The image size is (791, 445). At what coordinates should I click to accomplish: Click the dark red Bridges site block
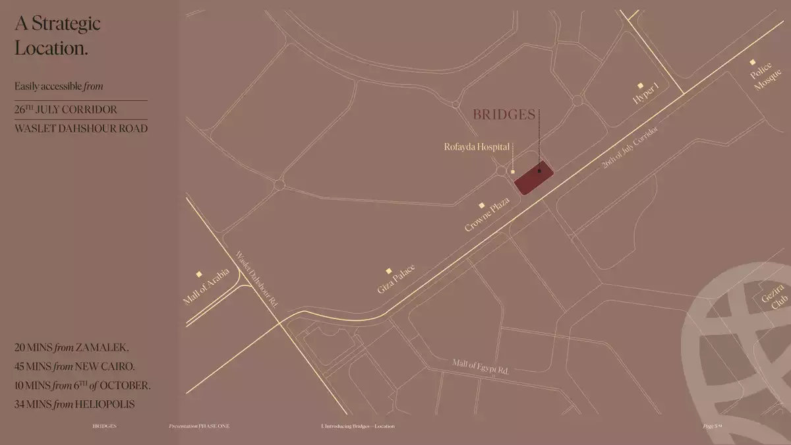click(533, 177)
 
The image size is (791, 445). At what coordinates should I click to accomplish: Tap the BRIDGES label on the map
click(504, 115)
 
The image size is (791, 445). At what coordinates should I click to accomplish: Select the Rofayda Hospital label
click(476, 146)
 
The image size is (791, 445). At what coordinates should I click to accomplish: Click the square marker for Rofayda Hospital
click(513, 171)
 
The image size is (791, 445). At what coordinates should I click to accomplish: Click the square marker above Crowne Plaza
click(482, 206)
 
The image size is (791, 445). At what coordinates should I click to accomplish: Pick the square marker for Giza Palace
click(389, 270)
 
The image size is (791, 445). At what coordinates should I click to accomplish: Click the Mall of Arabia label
click(206, 287)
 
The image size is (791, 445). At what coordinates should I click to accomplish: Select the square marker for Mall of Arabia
click(199, 274)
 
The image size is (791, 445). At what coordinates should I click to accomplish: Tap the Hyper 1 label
click(645, 94)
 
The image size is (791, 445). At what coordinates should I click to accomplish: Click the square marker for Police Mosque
click(753, 62)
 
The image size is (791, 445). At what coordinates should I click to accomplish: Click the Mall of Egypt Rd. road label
click(480, 367)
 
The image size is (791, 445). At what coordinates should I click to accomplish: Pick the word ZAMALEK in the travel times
click(102, 347)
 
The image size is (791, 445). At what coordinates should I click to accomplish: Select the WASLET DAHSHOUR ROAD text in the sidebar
click(80, 129)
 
